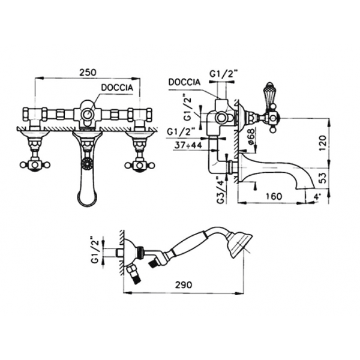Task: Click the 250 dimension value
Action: point(88,73)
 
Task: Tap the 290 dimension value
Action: point(184,285)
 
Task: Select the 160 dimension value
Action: point(274,197)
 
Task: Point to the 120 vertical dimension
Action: point(322,143)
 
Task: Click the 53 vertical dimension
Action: point(322,178)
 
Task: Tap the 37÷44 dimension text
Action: point(188,145)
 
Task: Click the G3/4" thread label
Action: point(221,190)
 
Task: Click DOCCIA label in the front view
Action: point(117,88)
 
